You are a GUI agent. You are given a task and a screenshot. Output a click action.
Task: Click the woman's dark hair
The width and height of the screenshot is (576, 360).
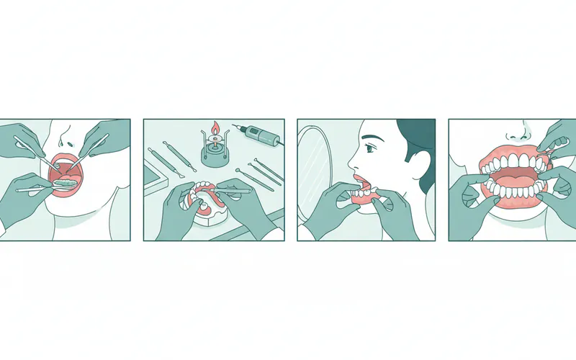click(418, 136)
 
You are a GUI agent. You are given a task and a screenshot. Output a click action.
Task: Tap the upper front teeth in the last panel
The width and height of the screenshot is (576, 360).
click(513, 161)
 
